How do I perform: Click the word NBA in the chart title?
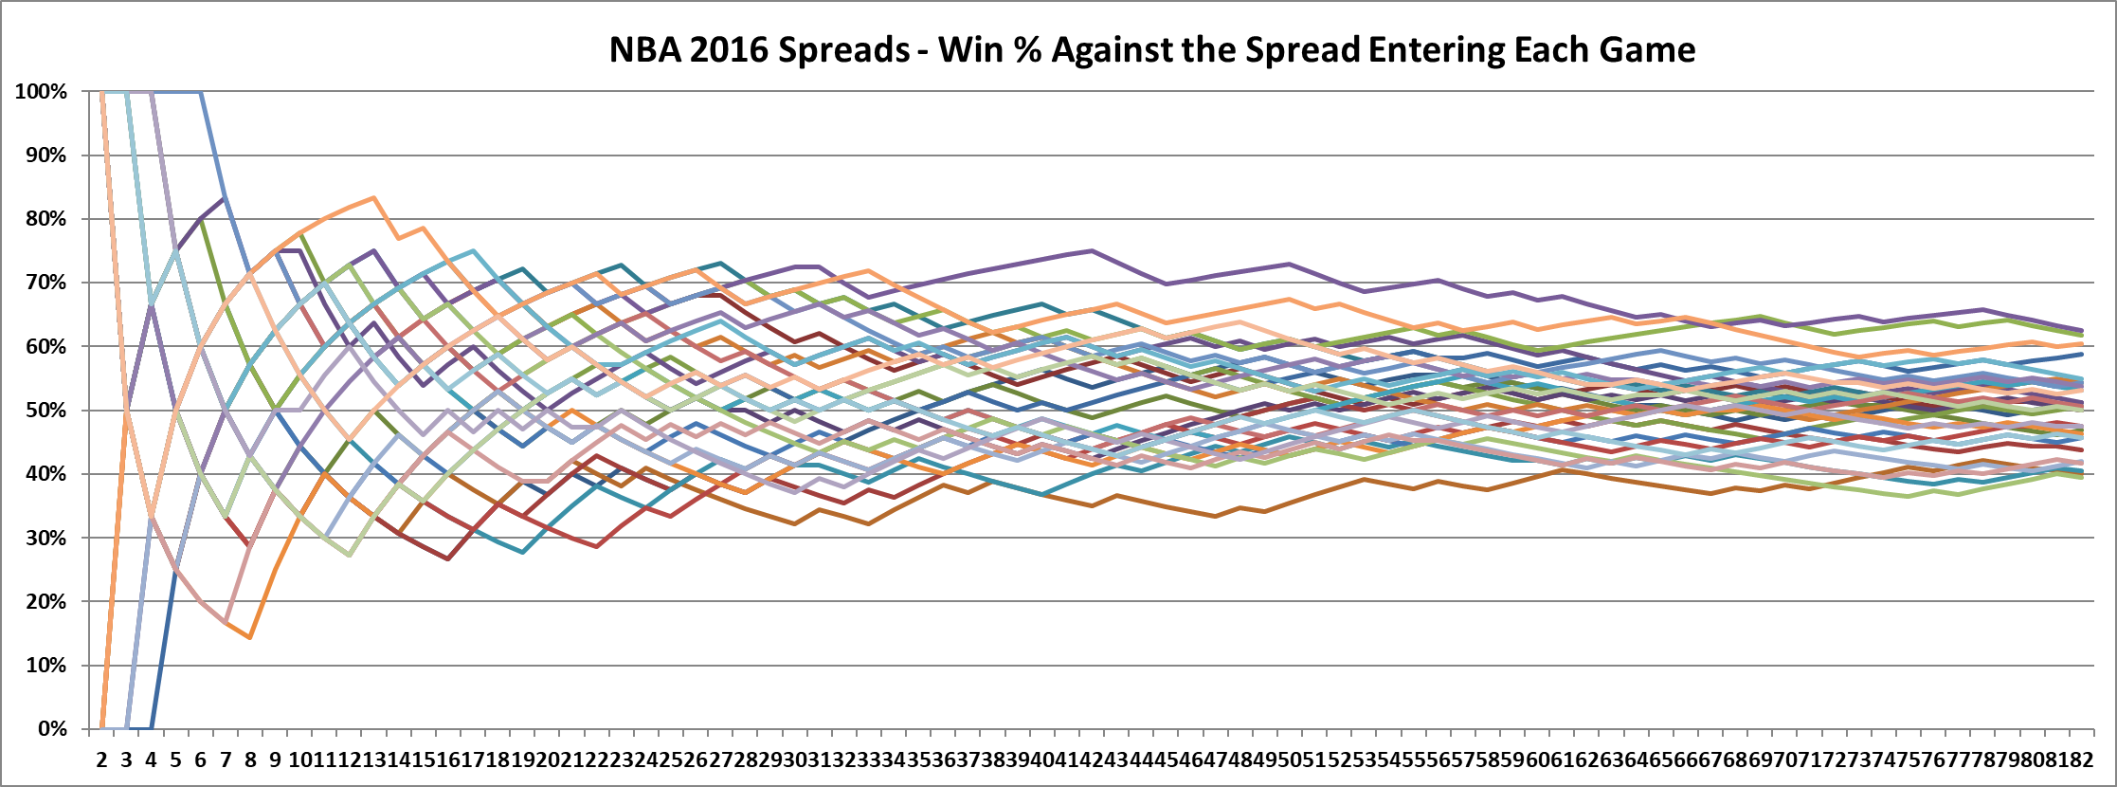click(644, 49)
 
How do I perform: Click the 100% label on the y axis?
click(41, 92)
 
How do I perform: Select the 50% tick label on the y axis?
click(45, 411)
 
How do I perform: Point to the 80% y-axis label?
click(45, 219)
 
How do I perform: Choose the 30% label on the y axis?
click(45, 538)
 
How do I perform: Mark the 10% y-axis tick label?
click(45, 666)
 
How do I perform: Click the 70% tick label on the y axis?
click(45, 283)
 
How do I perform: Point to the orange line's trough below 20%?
click(250, 638)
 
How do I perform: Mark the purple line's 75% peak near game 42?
click(1092, 250)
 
